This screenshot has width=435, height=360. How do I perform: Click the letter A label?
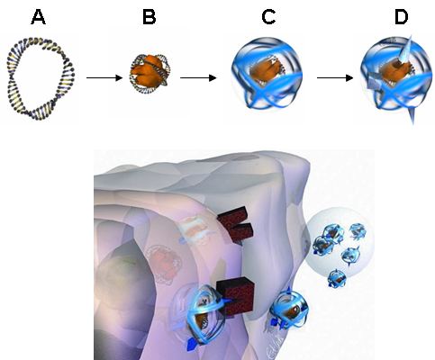pos(39,17)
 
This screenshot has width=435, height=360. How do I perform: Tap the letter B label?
pos(150,17)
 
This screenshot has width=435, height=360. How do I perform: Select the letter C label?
pos(268,17)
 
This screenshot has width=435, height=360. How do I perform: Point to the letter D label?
pos(401,17)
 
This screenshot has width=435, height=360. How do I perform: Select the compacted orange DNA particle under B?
pos(150,72)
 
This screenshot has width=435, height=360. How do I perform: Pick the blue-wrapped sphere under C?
pos(267,73)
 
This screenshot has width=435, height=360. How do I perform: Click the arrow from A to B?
pos(104,78)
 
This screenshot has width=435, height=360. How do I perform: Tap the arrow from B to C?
pos(198,78)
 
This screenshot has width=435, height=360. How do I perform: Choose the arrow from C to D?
pos(335,78)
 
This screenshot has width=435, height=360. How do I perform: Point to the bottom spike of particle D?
pos(412,115)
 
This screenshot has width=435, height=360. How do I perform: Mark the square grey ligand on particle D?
pos(373,81)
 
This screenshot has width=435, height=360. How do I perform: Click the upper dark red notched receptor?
pos(236,225)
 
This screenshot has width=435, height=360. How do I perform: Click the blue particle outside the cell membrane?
pos(288,309)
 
